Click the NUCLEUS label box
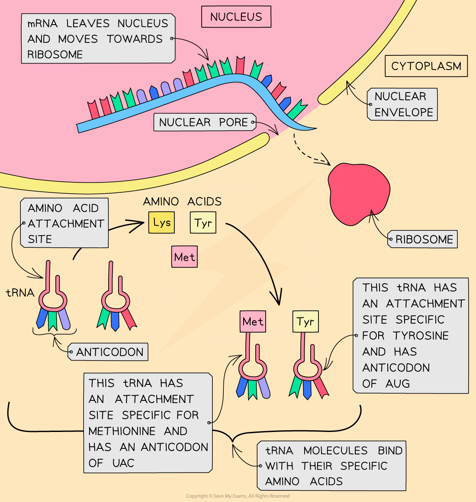236,17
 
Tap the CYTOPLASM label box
426,66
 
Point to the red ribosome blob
358,192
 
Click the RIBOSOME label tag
424,239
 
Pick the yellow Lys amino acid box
161,223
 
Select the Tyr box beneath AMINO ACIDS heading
203,223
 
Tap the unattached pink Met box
184,257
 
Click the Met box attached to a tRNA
253,322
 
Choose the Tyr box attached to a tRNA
306,322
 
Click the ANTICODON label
109,352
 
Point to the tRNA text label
20,293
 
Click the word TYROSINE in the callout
421,336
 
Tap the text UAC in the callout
123,463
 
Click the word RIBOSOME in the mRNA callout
55,54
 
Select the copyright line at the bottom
238,496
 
